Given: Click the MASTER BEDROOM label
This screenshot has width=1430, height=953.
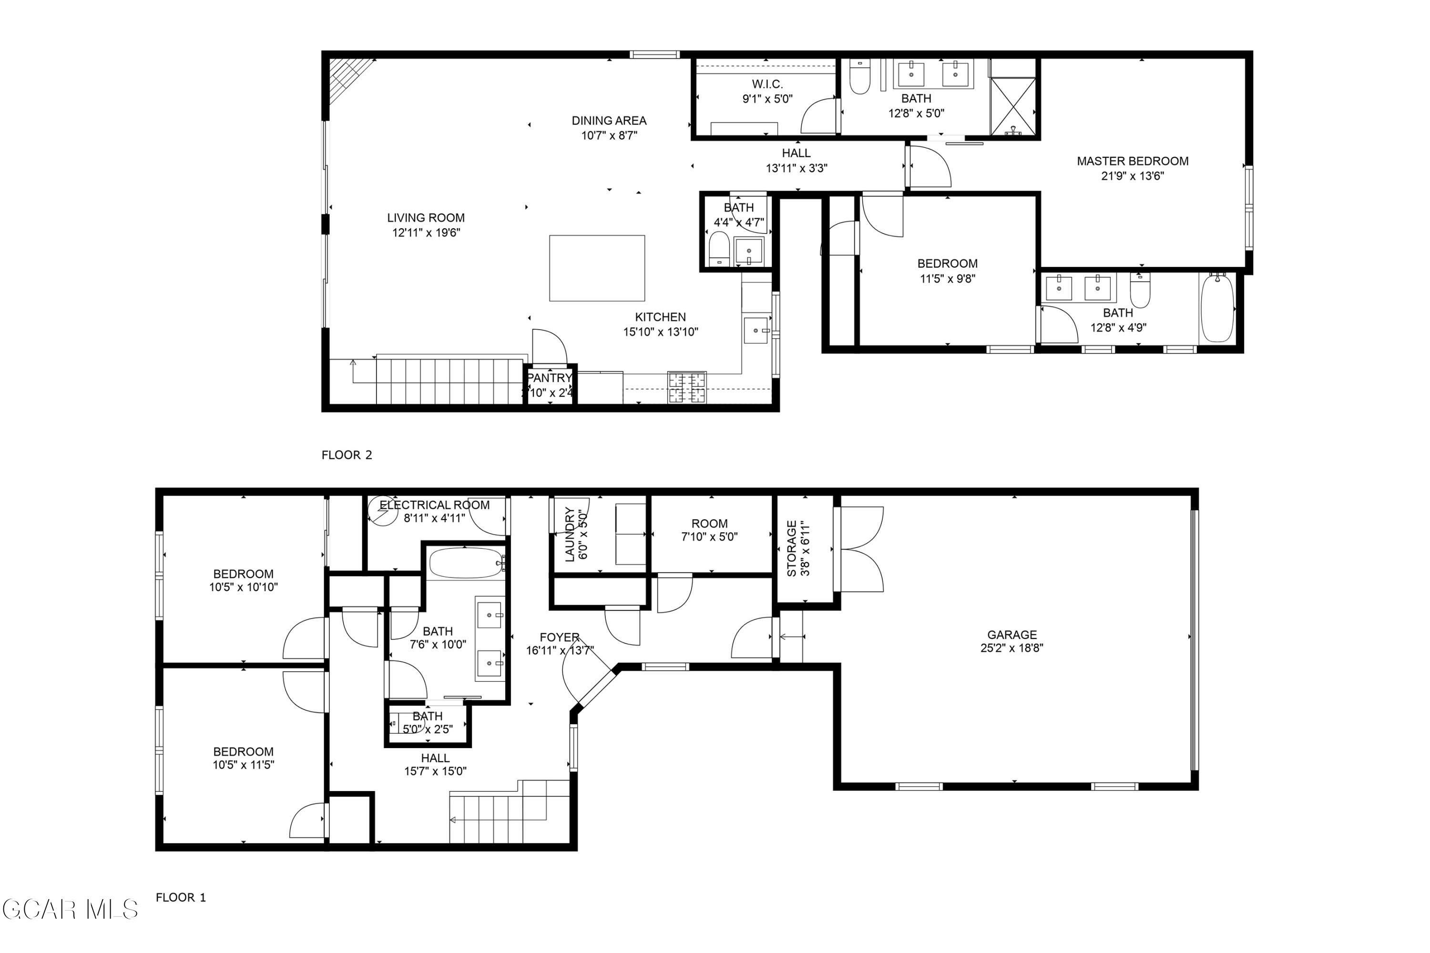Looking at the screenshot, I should (x=1132, y=161).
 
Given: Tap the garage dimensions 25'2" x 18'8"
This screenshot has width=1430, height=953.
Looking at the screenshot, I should (x=1011, y=648).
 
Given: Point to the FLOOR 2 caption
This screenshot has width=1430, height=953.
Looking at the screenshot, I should (x=347, y=455).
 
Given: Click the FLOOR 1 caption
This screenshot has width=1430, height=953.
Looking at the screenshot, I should (x=181, y=897).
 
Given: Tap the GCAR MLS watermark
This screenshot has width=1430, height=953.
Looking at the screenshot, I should (x=70, y=910).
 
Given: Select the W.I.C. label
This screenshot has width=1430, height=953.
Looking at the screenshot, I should (x=767, y=84).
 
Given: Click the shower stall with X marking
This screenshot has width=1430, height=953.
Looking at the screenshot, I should (x=1012, y=106).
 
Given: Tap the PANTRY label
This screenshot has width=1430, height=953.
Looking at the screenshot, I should (x=549, y=378).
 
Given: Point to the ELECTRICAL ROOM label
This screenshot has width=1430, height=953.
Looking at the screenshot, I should (x=434, y=505).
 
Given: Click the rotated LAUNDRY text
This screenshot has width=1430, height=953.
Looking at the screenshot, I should (x=570, y=534).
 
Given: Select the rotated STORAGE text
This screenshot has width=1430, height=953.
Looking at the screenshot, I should (x=791, y=548).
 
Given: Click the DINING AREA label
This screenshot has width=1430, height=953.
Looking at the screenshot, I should (x=609, y=121).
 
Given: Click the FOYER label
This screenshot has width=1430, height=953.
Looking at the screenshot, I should (x=559, y=637).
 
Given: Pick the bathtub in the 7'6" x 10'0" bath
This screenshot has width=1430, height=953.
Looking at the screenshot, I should (x=466, y=563).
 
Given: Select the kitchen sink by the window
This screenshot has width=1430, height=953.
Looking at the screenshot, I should (x=756, y=331).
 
